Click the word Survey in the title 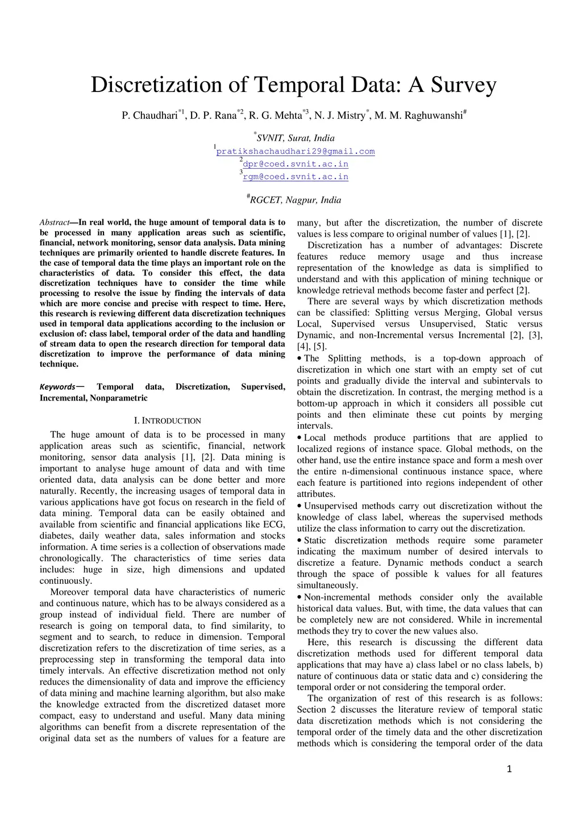pyautogui.click(x=463, y=85)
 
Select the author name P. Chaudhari pyautogui.click(x=149, y=116)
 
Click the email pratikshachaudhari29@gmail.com pyautogui.click(x=296, y=152)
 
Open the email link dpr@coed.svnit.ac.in pyautogui.click(x=296, y=164)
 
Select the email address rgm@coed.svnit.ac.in pyautogui.click(x=296, y=177)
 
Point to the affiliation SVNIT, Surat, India pyautogui.click(x=296, y=138)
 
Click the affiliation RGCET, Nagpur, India pyautogui.click(x=296, y=200)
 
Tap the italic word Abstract pyautogui.click(x=54, y=223)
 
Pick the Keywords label pyautogui.click(x=57, y=387)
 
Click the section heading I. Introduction pyautogui.click(x=167, y=421)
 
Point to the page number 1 pyautogui.click(x=509, y=769)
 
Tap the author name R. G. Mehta pyautogui.click(x=275, y=116)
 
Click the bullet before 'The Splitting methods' pyautogui.click(x=300, y=358)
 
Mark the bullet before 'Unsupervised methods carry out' pyautogui.click(x=300, y=506)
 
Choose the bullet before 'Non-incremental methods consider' pyautogui.click(x=300, y=598)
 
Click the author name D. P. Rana pyautogui.click(x=213, y=116)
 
